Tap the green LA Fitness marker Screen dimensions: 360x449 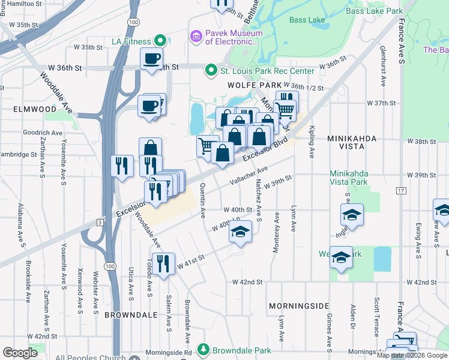point(160,41)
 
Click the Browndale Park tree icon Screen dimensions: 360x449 point(203,349)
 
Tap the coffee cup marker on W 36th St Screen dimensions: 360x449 point(151,59)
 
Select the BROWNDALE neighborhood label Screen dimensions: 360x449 point(126,314)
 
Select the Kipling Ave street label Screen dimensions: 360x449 point(312,142)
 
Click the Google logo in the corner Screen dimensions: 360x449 point(20,352)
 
